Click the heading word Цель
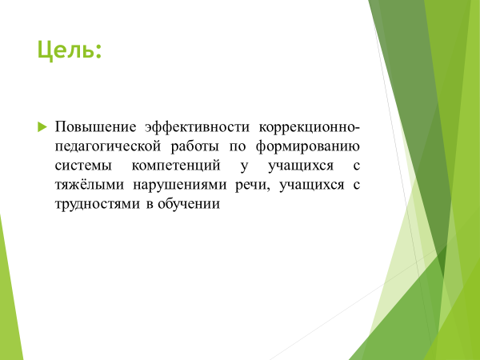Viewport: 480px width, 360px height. pyautogui.click(x=65, y=50)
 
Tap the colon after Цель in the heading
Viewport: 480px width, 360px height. pyautogui.click(x=98, y=52)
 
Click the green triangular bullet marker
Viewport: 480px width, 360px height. pyautogui.click(x=42, y=126)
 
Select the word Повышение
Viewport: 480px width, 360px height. pyautogui.click(x=95, y=127)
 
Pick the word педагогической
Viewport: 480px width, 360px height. pyautogui.click(x=108, y=147)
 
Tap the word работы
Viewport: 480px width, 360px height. pyautogui.click(x=195, y=146)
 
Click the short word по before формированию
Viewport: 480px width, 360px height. pyautogui.click(x=238, y=147)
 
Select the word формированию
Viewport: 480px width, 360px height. pyautogui.click(x=308, y=147)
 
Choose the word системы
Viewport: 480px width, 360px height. pyautogui.click(x=83, y=166)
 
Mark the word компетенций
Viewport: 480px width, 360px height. pyautogui.click(x=176, y=166)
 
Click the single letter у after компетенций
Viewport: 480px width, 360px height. pyautogui.click(x=244, y=167)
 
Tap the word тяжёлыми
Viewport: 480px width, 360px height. pyautogui.click(x=90, y=185)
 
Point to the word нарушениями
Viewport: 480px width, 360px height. pyautogui.click(x=180, y=186)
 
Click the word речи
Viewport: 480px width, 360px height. pyautogui.click(x=250, y=186)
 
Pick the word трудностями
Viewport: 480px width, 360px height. pyautogui.click(x=98, y=205)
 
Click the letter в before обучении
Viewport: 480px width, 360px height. pyautogui.click(x=150, y=205)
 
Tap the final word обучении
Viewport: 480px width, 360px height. pyautogui.click(x=189, y=204)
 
